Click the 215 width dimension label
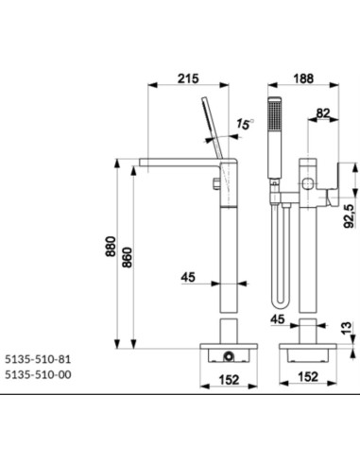[188, 78]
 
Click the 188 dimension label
[303, 78]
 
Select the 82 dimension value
[322, 113]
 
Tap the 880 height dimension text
[111, 247]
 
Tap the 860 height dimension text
[128, 257]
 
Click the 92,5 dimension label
[350, 215]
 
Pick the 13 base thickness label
[346, 328]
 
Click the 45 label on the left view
[188, 277]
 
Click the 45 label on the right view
[278, 319]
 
